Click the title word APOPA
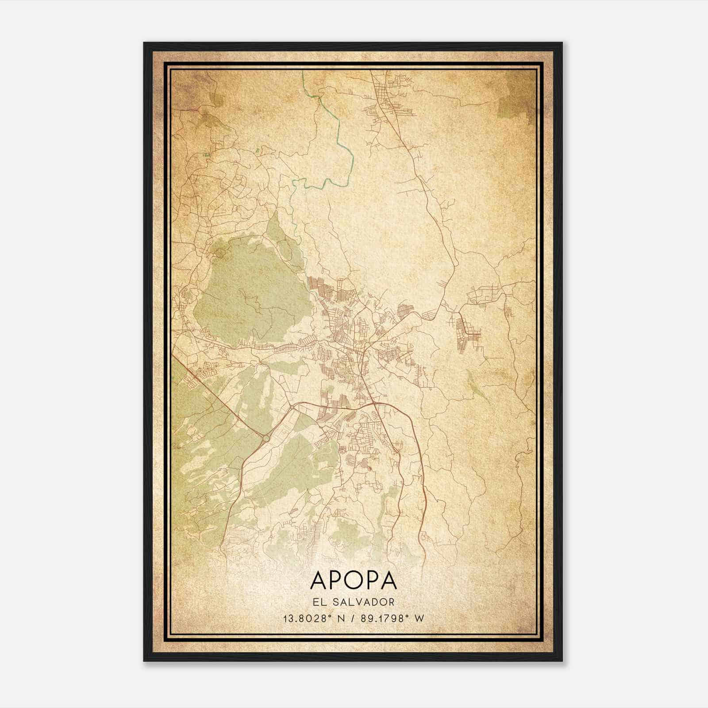click(x=354, y=580)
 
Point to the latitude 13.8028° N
click(x=315, y=618)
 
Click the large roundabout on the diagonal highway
click(x=265, y=438)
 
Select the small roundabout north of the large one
click(x=292, y=406)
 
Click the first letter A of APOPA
click(x=319, y=580)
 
